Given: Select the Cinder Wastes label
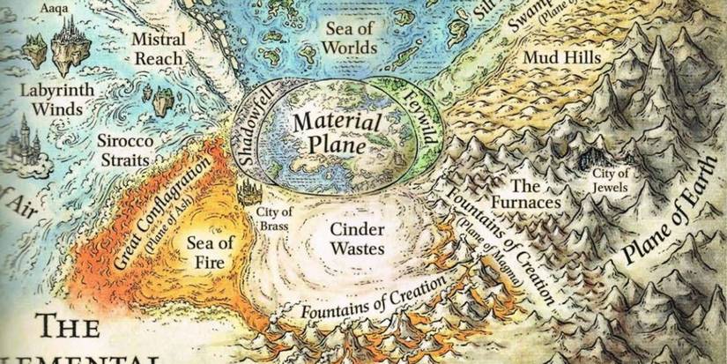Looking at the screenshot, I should [356, 238].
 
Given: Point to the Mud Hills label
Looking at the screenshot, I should [562, 58].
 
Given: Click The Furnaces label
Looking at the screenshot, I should [535, 195].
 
